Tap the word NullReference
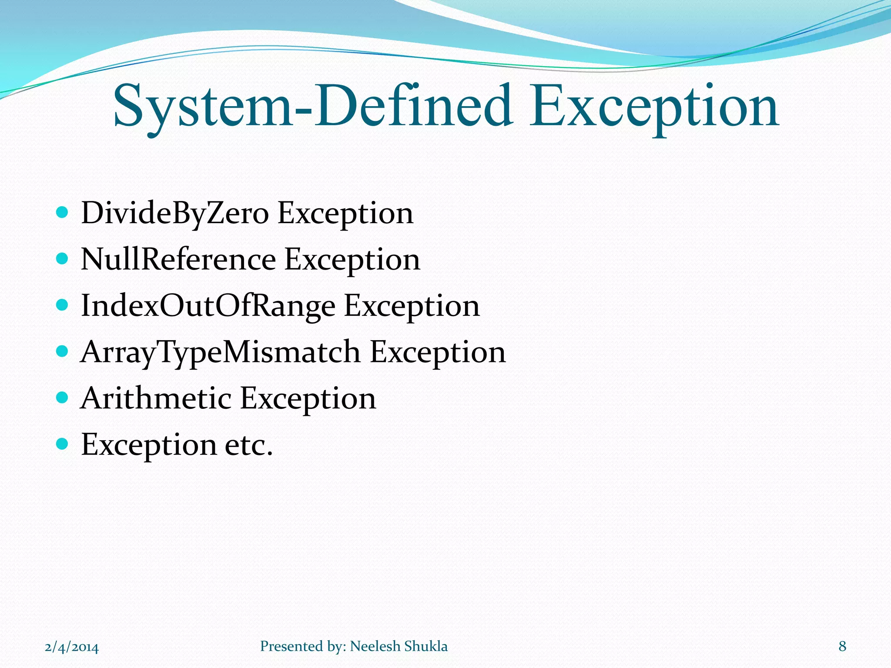point(178,260)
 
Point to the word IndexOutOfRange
point(208,306)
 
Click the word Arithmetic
point(156,398)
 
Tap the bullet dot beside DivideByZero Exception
point(63,212)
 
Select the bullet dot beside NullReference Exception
point(63,259)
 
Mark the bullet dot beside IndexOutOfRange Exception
point(63,305)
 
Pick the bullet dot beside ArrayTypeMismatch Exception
point(63,351)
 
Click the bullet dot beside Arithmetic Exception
point(63,397)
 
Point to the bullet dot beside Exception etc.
point(63,444)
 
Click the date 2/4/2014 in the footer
point(72,647)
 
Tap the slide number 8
point(842,646)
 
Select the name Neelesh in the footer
point(374,646)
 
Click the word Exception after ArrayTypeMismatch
point(438,352)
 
